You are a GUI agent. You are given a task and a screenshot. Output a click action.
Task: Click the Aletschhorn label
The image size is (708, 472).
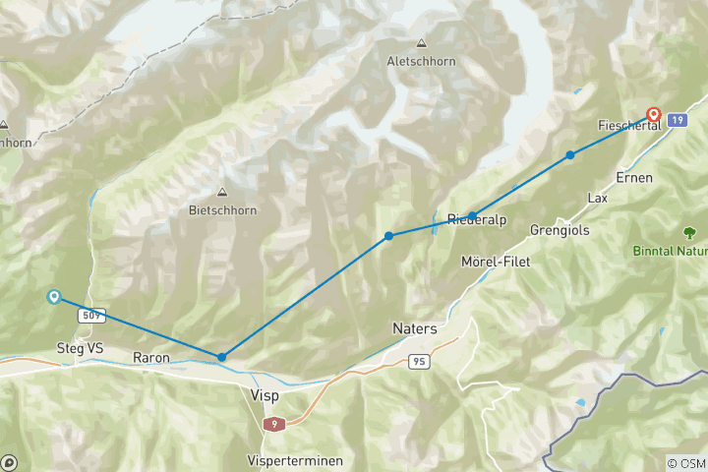(422, 61)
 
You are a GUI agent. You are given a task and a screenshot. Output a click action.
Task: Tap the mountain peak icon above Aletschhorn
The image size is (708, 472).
(422, 43)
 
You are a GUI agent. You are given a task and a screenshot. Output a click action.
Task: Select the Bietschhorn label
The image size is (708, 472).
(221, 209)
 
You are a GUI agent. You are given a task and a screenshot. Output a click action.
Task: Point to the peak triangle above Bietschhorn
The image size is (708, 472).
(221, 192)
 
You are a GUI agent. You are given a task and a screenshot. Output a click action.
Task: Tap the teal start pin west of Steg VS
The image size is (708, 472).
(53, 296)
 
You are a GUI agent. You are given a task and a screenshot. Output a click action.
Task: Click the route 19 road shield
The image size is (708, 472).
(676, 120)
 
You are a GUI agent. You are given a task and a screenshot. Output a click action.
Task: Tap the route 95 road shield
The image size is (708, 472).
(418, 362)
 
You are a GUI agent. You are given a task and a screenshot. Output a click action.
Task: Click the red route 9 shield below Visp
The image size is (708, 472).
(272, 423)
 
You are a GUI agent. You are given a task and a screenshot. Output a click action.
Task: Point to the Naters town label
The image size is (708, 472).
(414, 328)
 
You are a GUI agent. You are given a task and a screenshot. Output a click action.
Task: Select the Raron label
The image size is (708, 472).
(151, 359)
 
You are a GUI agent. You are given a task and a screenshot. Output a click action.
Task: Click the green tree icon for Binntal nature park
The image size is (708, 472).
(691, 232)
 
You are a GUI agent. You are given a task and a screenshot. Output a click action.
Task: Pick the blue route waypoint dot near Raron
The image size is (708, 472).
(222, 357)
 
